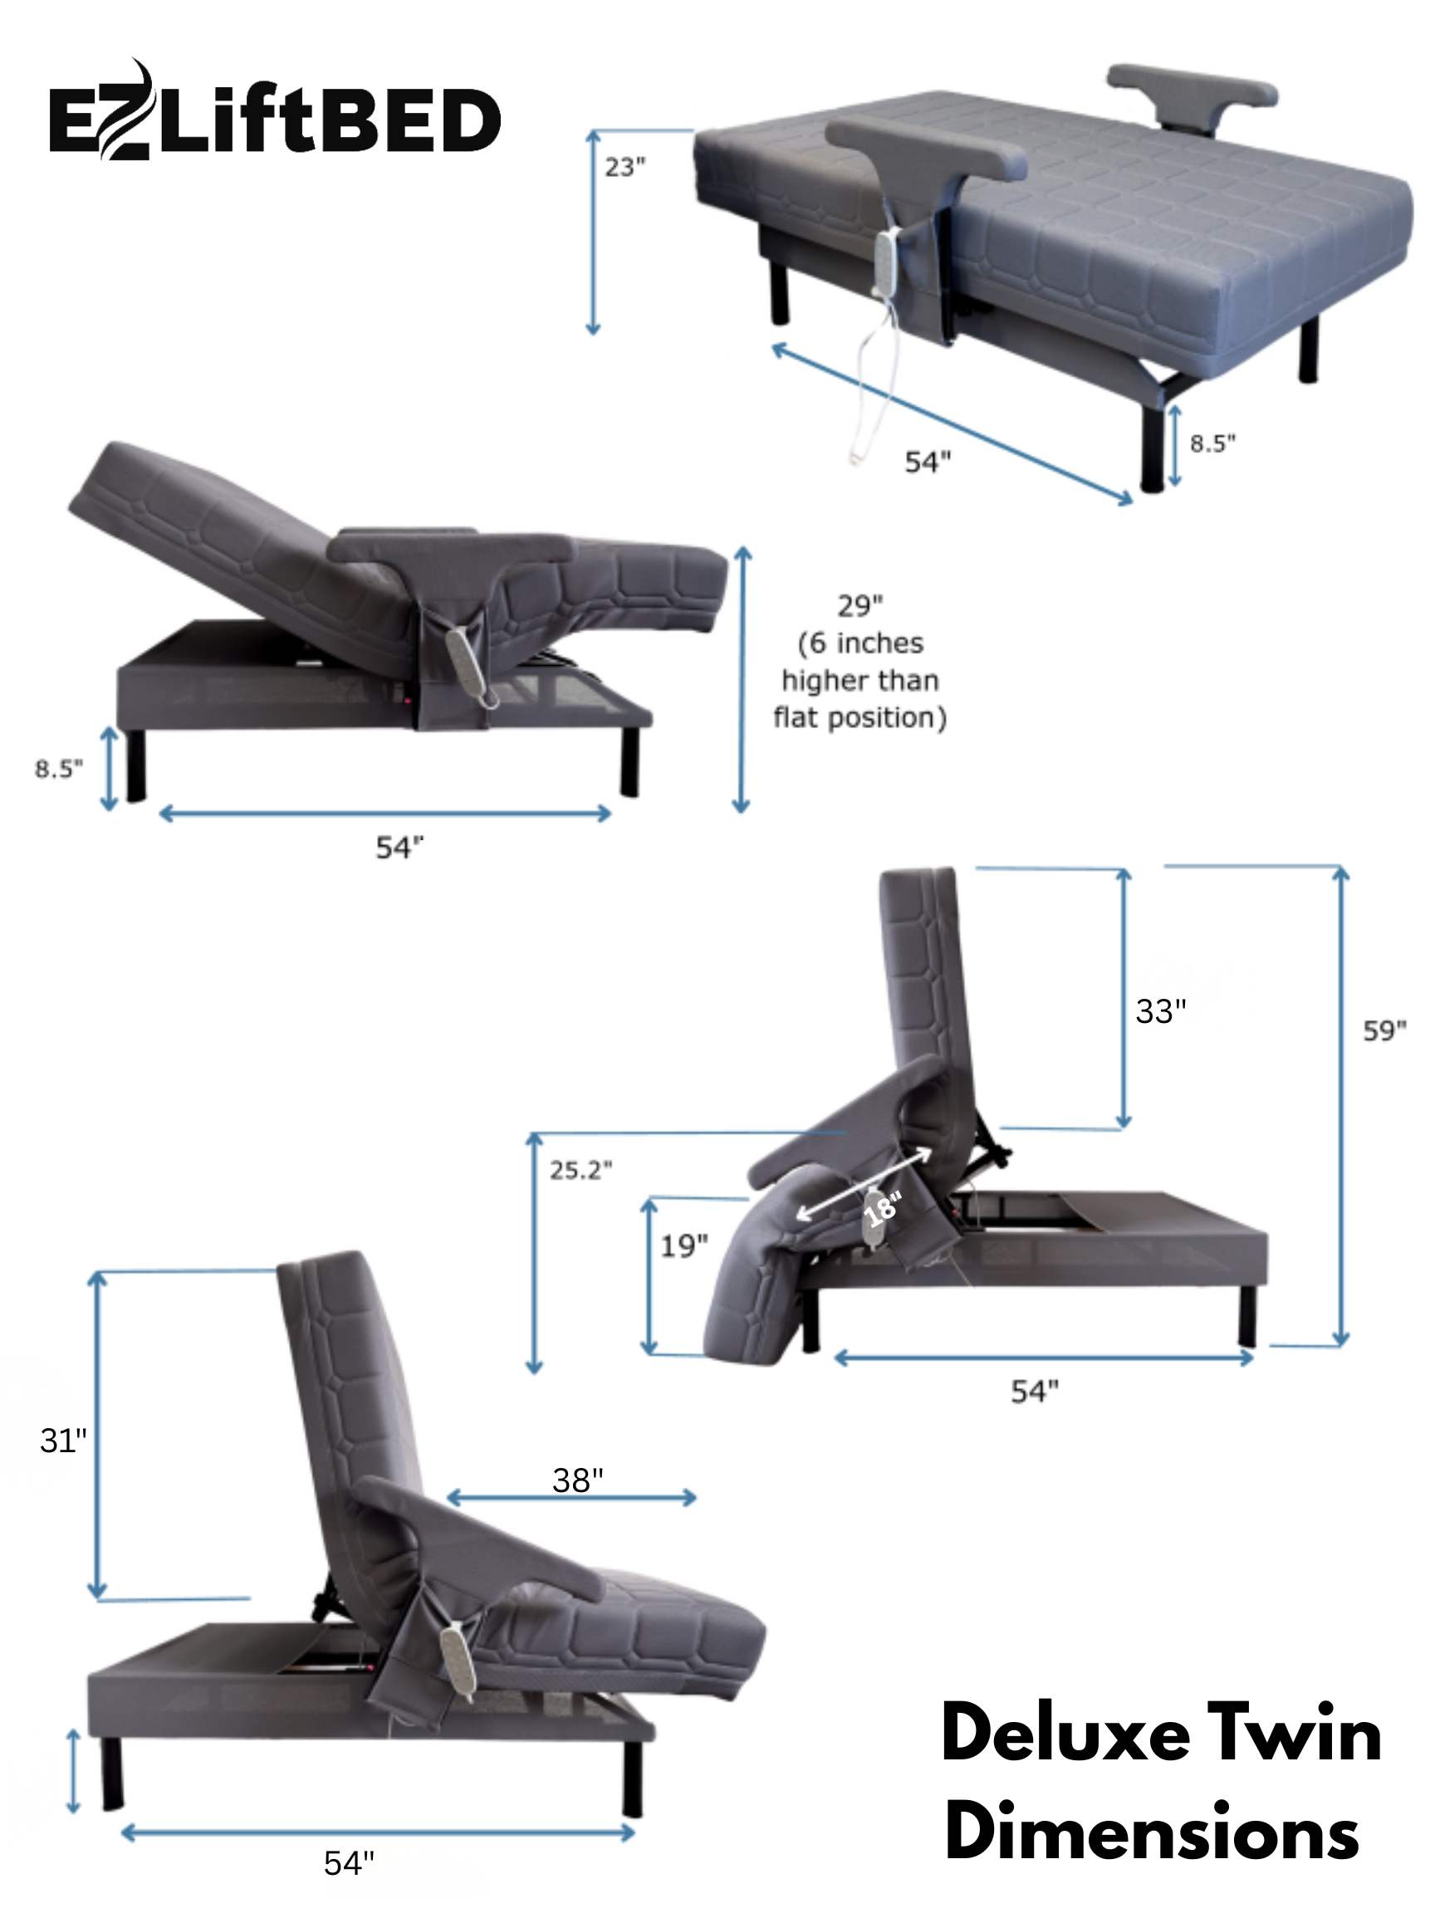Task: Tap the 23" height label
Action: point(624,167)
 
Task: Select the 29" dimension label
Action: point(860,605)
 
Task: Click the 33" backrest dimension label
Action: point(1161,1011)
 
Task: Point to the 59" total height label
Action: point(1385,1030)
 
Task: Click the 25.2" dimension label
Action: point(581,1170)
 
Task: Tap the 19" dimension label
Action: point(684,1246)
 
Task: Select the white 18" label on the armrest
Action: point(883,1208)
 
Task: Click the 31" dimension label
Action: point(63,1441)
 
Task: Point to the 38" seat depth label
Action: point(578,1480)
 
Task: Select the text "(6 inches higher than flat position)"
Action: point(860,680)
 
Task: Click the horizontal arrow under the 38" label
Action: point(571,1498)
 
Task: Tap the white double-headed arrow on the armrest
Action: point(864,1184)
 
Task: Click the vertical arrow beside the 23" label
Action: point(592,232)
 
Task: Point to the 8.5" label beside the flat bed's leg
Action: point(1212,443)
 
